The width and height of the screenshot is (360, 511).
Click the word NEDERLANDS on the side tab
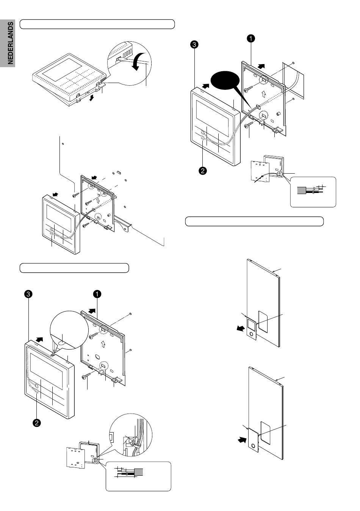point(8,42)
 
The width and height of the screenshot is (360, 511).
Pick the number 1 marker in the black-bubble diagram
point(250,38)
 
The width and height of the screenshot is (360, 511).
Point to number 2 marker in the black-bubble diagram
point(203,171)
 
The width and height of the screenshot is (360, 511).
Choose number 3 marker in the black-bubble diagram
point(194,45)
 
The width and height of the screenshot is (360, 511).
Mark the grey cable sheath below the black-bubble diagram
point(302,191)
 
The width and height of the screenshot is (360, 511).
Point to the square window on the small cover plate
point(250,324)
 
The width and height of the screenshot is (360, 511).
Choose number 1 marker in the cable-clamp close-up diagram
point(97,294)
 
